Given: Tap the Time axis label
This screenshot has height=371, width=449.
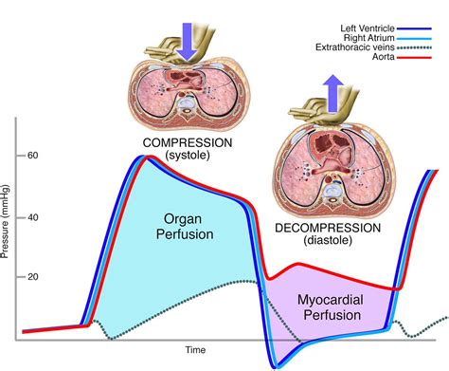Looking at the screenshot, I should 195,350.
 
